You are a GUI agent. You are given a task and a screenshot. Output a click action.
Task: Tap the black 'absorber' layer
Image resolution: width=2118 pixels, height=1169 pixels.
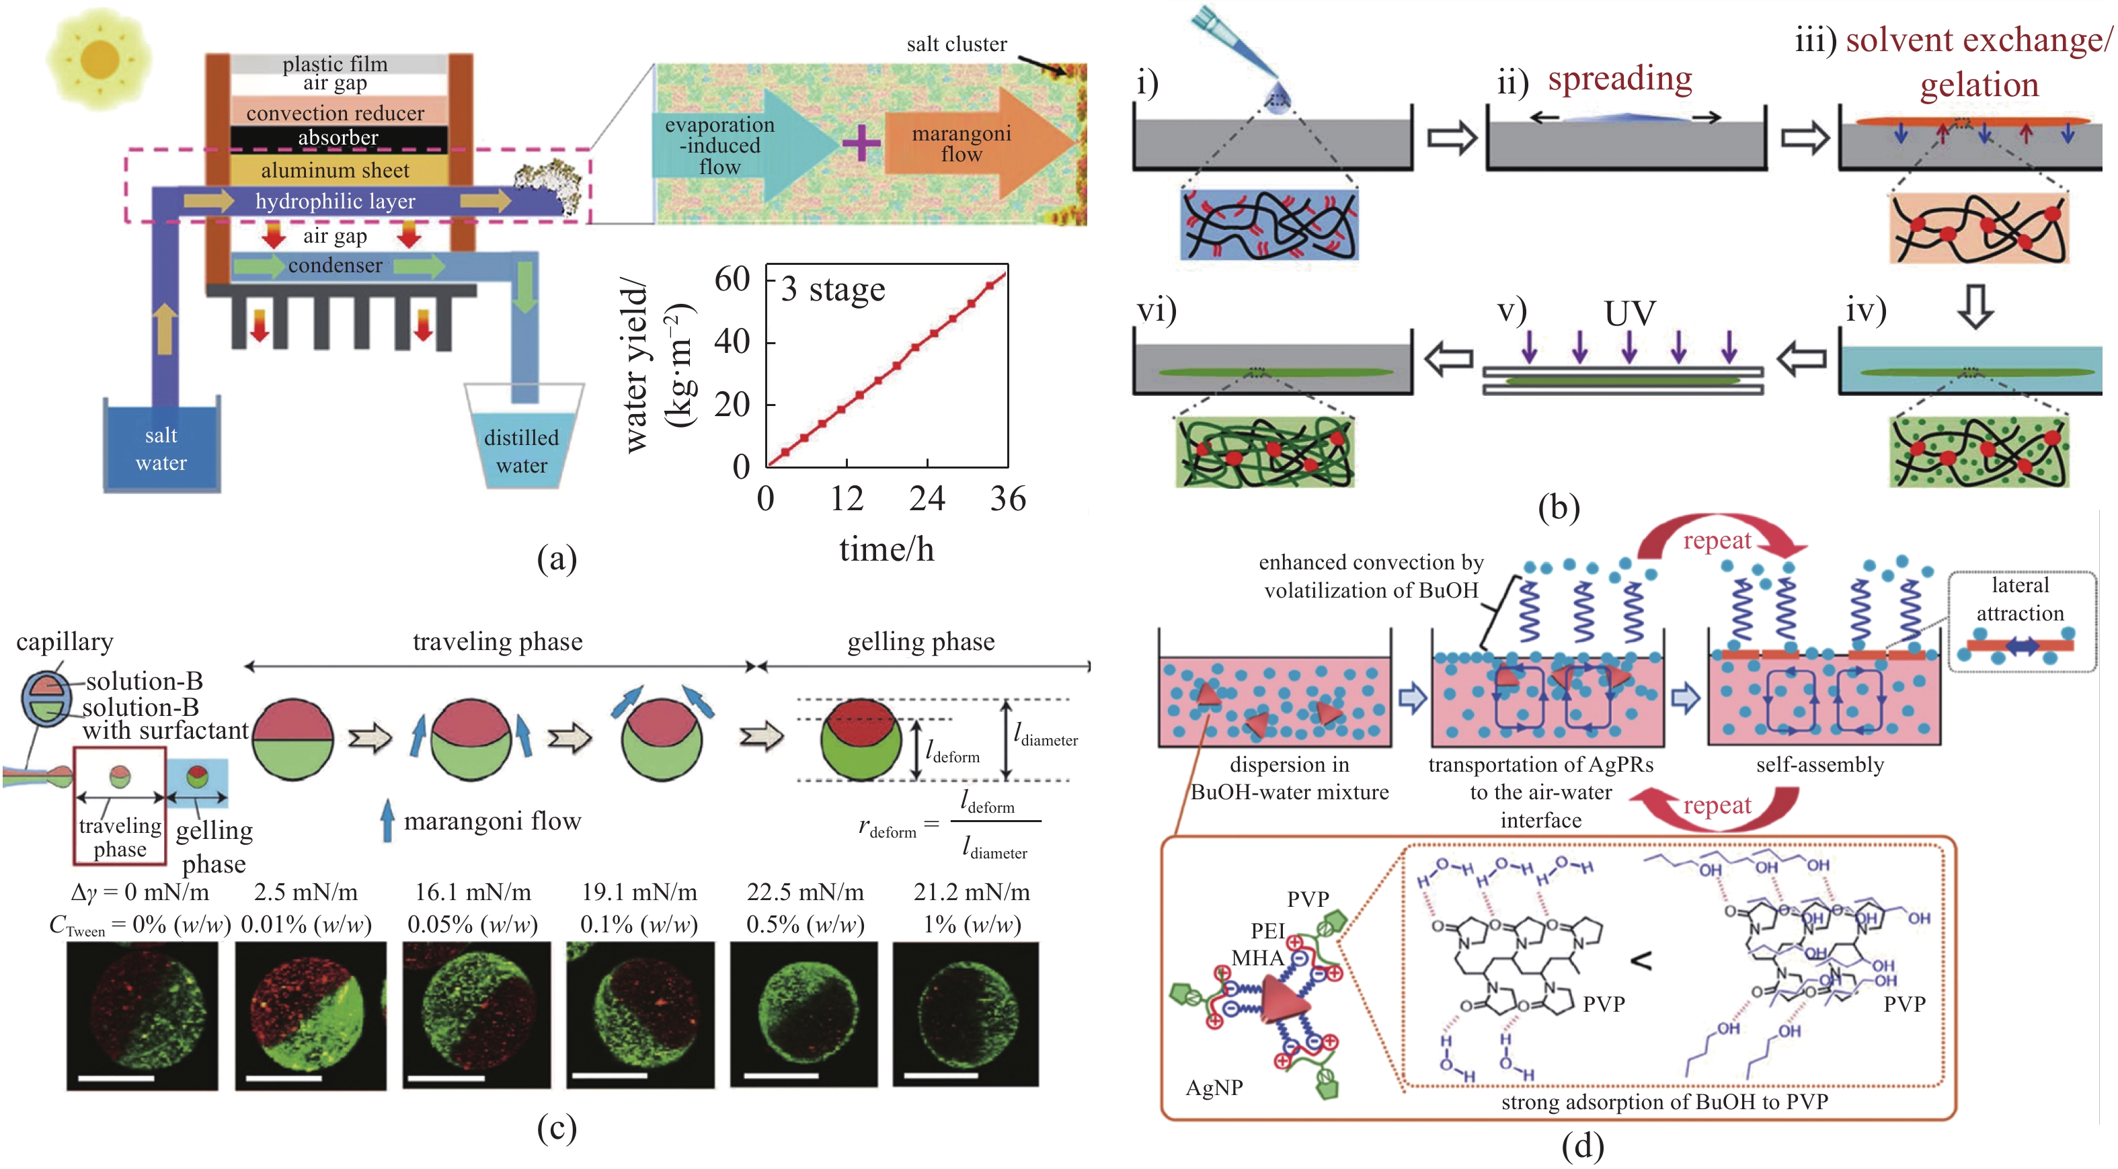click(x=338, y=138)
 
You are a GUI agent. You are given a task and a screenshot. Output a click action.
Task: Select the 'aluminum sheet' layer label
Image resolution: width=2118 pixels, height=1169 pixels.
click(x=335, y=170)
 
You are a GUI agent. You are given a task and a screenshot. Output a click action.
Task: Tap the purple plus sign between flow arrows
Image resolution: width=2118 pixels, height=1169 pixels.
click(x=861, y=144)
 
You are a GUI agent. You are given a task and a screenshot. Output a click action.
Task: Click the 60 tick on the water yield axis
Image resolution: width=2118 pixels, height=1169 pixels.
click(x=732, y=280)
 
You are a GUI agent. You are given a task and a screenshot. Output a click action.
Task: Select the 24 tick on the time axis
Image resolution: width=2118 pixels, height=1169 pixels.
click(x=927, y=499)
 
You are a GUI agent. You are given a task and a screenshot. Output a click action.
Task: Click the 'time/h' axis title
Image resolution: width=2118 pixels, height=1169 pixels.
click(x=886, y=550)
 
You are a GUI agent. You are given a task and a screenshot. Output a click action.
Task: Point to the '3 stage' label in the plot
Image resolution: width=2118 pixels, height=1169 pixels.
click(x=833, y=289)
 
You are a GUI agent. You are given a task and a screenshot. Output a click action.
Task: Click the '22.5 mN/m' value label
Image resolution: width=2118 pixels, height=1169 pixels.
click(x=805, y=892)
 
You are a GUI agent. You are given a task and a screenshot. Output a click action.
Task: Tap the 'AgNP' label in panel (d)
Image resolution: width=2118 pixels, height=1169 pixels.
click(x=1214, y=1088)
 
